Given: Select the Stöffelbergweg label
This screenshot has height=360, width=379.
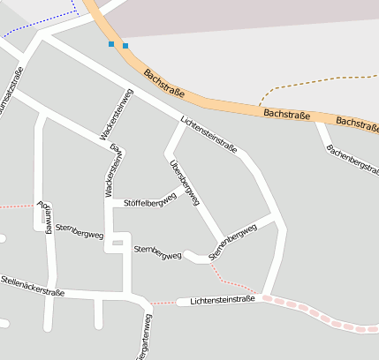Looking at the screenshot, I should pos(150,201).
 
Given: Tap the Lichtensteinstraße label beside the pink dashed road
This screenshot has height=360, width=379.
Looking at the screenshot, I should pos(222,300).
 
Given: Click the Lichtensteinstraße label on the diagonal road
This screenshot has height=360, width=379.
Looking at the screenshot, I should pos(208,135).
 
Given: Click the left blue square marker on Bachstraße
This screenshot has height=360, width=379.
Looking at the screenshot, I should pos(111,43).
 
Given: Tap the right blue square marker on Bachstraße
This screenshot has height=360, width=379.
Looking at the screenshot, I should pos(125,45).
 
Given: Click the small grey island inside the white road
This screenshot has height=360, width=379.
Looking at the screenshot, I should pos(117,242).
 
